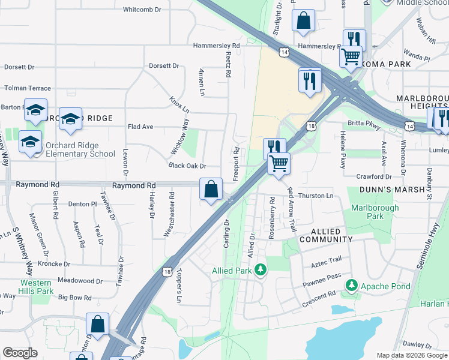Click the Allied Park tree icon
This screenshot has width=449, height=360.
(x=261, y=270)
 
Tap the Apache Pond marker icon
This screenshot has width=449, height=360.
(x=353, y=286)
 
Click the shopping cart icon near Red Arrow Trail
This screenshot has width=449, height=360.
(x=279, y=163)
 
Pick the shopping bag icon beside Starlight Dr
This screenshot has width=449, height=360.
(x=304, y=20)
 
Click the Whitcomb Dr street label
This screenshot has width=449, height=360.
(x=142, y=10)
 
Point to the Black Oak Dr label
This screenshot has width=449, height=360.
(x=187, y=166)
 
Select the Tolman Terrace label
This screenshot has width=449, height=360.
(x=28, y=88)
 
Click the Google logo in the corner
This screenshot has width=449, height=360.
(x=20, y=353)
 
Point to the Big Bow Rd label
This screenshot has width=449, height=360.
(x=74, y=298)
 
